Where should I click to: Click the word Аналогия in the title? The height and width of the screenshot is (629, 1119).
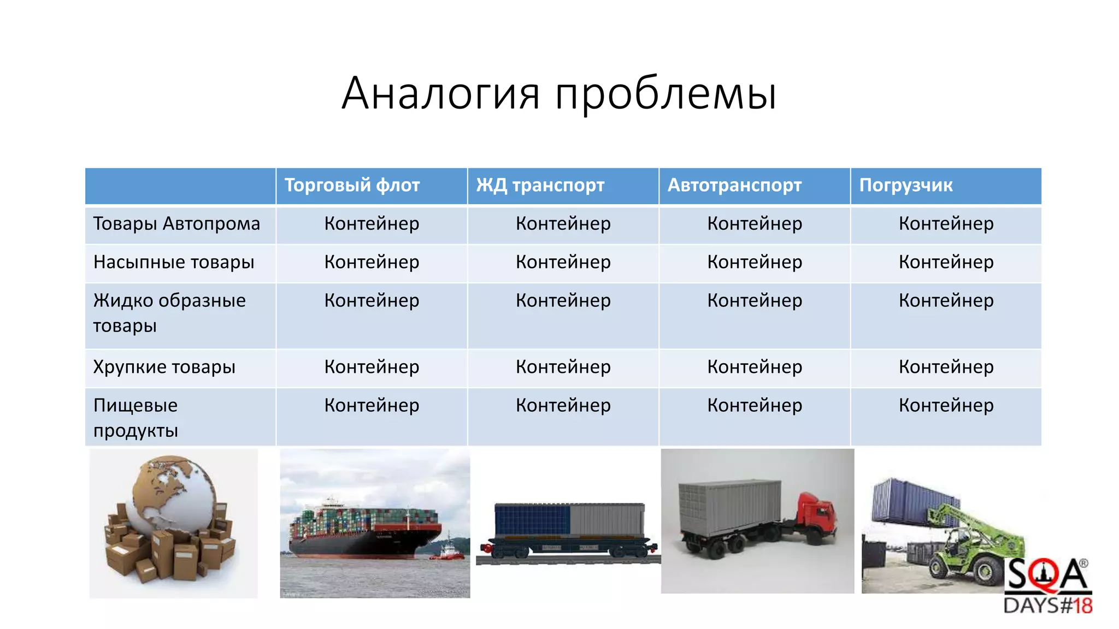[x=440, y=93]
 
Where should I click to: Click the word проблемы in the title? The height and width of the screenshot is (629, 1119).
[x=665, y=94]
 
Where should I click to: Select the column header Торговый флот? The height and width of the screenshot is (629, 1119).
[x=352, y=186]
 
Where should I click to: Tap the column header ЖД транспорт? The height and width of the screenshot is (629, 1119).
[x=540, y=186]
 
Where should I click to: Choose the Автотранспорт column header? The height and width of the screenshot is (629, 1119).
[x=734, y=186]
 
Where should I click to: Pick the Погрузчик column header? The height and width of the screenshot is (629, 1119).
[x=905, y=186]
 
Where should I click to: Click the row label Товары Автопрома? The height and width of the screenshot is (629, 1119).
[x=176, y=224]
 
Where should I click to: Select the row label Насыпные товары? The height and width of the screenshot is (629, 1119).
[x=174, y=262]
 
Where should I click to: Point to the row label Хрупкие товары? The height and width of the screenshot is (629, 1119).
[x=164, y=367]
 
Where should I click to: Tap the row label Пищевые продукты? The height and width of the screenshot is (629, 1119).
[x=136, y=418]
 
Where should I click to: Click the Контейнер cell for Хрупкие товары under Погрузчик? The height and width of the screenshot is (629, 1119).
[x=946, y=367]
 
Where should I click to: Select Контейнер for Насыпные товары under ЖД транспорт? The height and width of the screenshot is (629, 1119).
[x=563, y=262]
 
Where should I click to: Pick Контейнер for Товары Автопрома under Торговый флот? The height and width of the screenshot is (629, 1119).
[x=372, y=224]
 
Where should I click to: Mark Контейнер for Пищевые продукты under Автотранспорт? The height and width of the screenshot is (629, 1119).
[x=755, y=405]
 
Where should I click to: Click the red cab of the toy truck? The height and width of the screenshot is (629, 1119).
[x=817, y=516]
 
